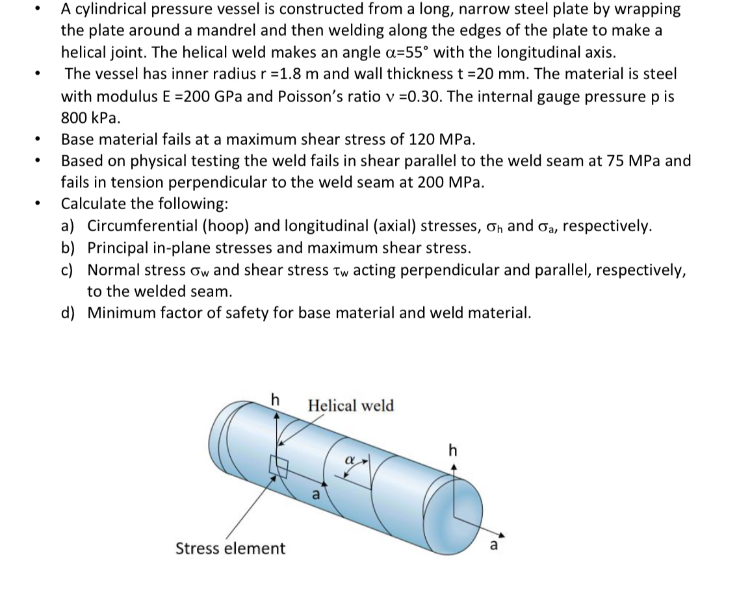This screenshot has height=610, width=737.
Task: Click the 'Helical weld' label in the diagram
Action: coord(350,406)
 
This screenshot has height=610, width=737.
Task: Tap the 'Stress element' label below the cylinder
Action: coord(230,548)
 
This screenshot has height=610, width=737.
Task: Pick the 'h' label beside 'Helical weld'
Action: coord(276,400)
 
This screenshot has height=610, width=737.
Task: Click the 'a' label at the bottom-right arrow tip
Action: coord(493,544)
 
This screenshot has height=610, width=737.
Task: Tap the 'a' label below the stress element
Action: coord(316,494)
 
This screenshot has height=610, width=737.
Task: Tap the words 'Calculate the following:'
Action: coord(144,204)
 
